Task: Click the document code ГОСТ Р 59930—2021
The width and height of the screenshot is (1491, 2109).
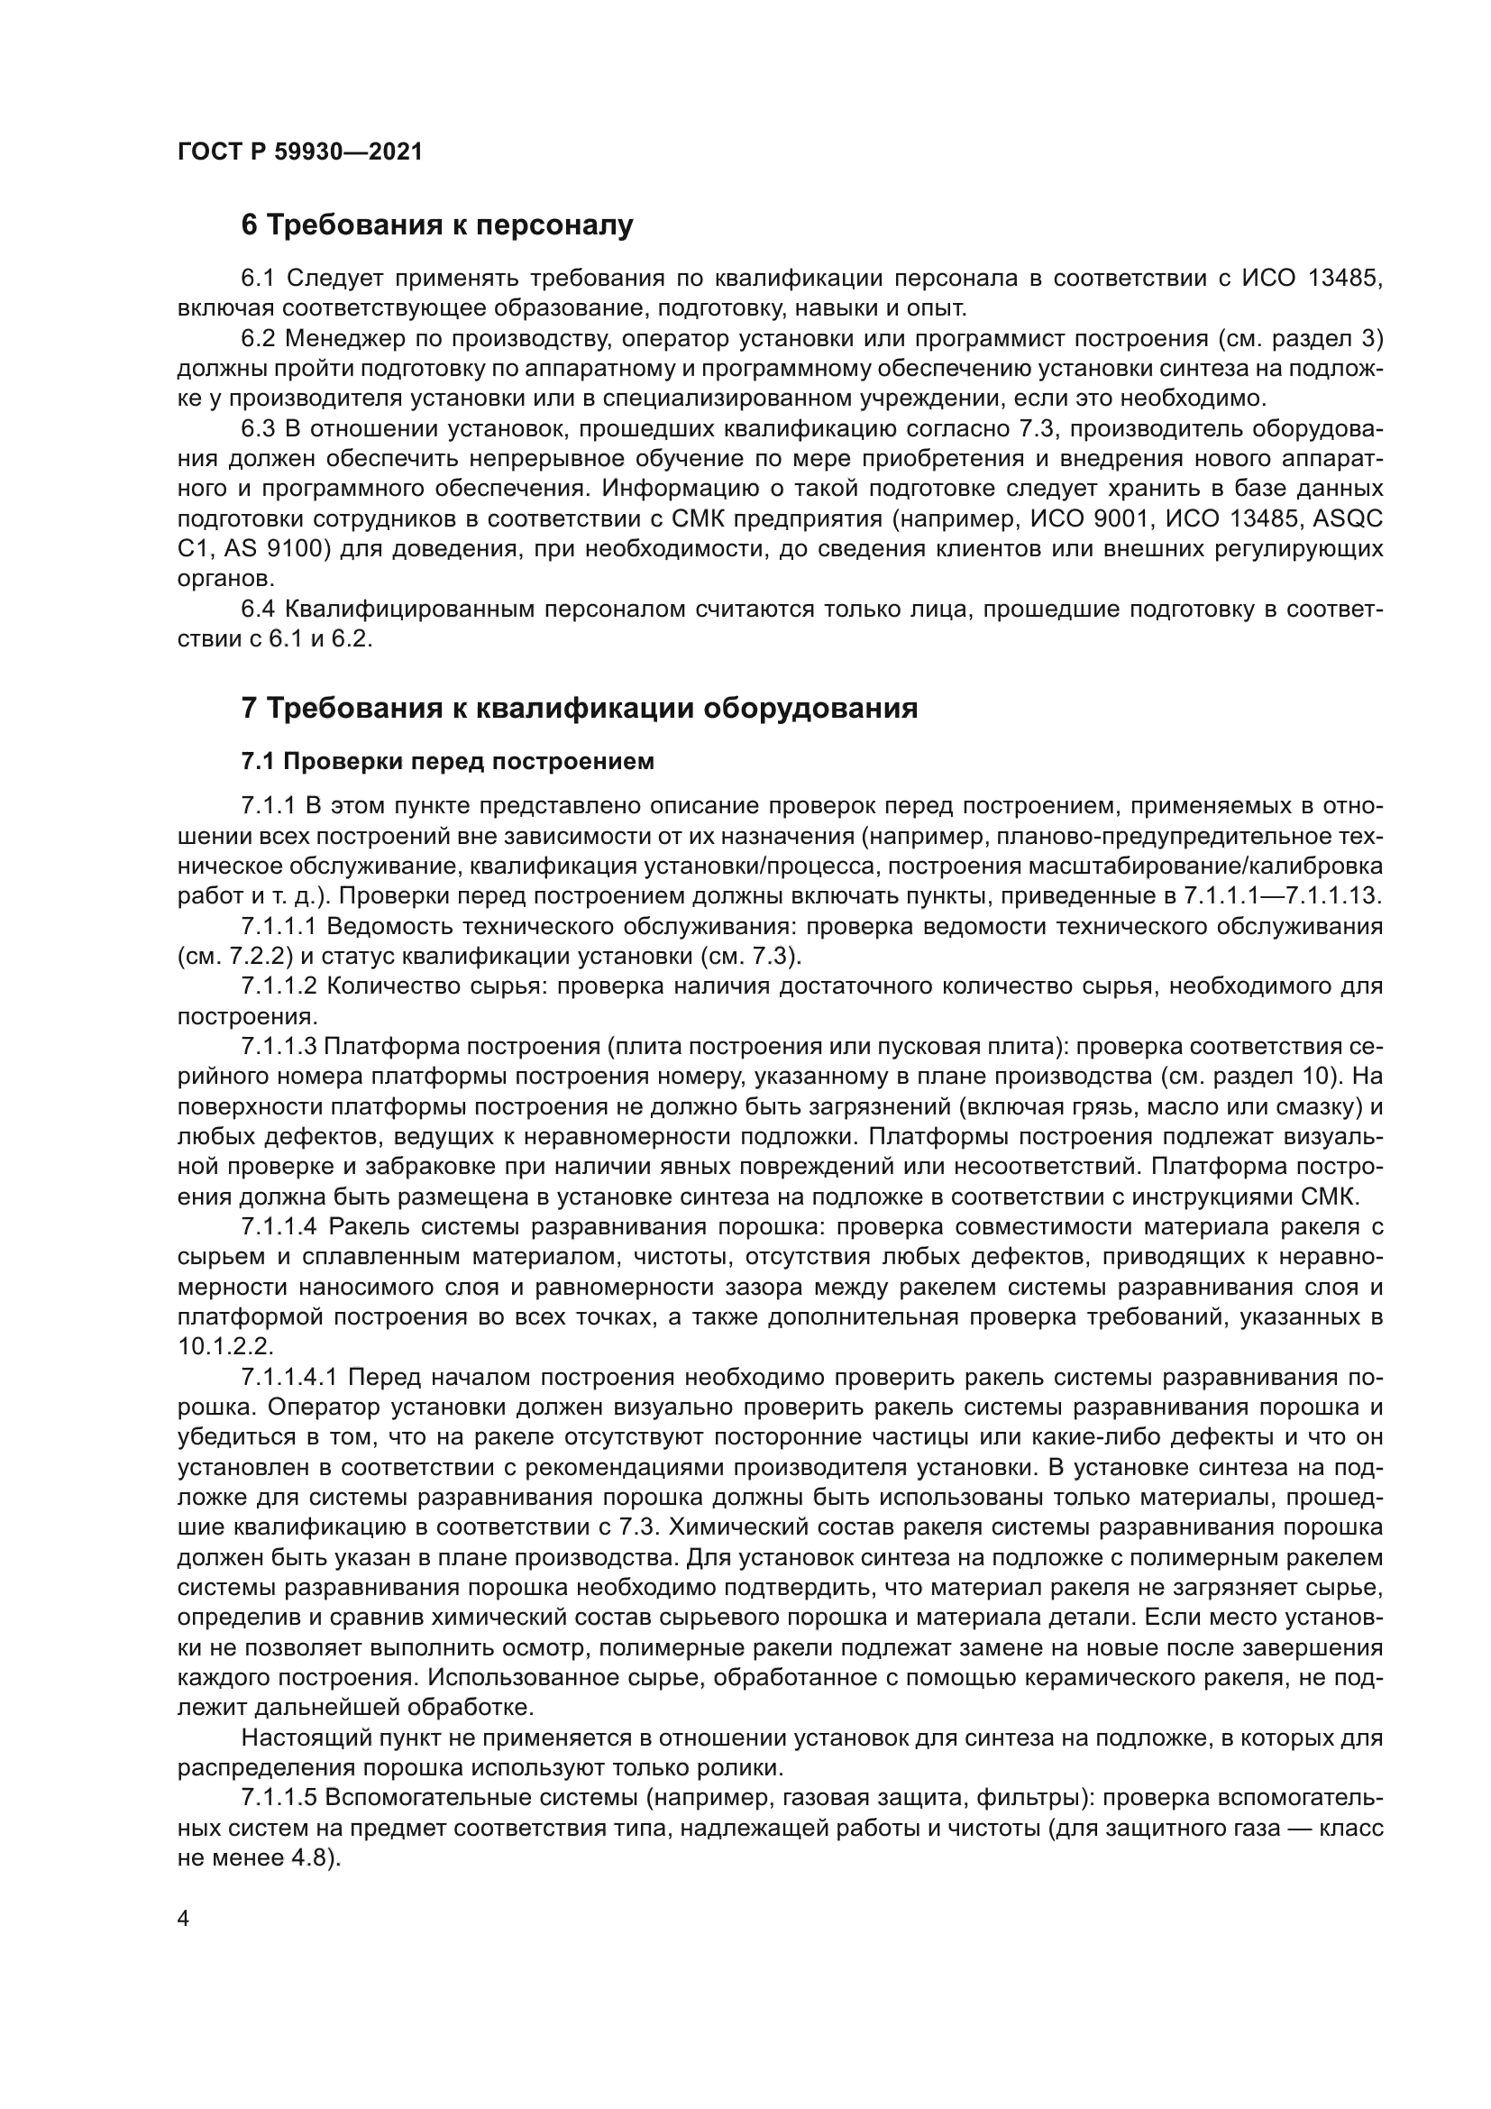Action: (299, 152)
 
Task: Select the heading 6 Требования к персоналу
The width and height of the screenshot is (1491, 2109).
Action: (437, 225)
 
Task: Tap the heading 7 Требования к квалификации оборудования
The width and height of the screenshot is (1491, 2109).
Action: (580, 708)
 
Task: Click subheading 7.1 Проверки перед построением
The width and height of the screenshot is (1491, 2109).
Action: (448, 762)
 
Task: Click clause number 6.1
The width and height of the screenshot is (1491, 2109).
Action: (259, 279)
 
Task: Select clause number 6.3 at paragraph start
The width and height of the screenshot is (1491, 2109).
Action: (259, 429)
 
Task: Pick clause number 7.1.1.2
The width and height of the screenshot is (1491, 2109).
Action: (279, 986)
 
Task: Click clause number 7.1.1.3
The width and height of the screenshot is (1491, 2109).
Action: (279, 1047)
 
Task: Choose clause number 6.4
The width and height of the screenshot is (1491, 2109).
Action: (259, 610)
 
